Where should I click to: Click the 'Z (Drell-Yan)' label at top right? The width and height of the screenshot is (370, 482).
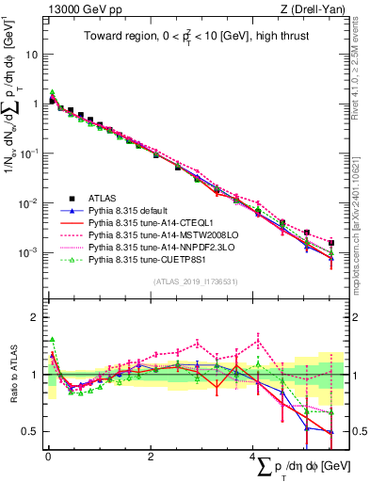(317, 8)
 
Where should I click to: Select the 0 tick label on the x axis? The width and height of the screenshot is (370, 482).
(48, 457)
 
